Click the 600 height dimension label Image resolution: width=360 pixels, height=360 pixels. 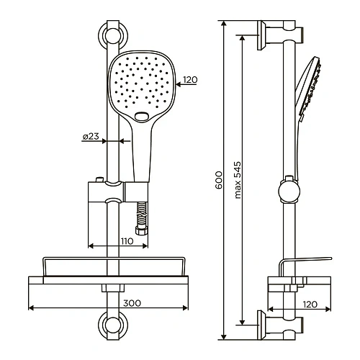tap(219, 180)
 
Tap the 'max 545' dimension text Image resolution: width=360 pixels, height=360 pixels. tap(238, 180)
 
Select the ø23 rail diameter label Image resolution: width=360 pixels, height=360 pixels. tap(91, 136)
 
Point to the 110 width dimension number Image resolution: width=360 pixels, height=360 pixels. tap(127, 241)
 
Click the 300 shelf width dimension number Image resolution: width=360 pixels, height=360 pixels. tap(132, 303)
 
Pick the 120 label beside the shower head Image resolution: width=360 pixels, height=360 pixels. tap(190, 80)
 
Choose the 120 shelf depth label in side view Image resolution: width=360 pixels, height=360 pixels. tap(310, 305)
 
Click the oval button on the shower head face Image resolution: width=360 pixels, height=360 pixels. tap(142, 117)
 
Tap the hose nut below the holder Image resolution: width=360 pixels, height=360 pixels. tap(141, 231)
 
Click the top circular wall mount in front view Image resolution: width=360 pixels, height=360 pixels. tap(113, 36)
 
